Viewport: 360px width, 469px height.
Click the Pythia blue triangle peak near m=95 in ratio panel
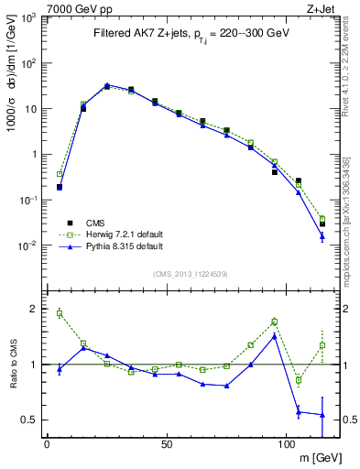[x=274, y=336]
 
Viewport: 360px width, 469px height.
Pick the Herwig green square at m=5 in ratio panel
[x=60, y=313]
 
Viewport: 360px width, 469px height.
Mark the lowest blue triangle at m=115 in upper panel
[x=322, y=236]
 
